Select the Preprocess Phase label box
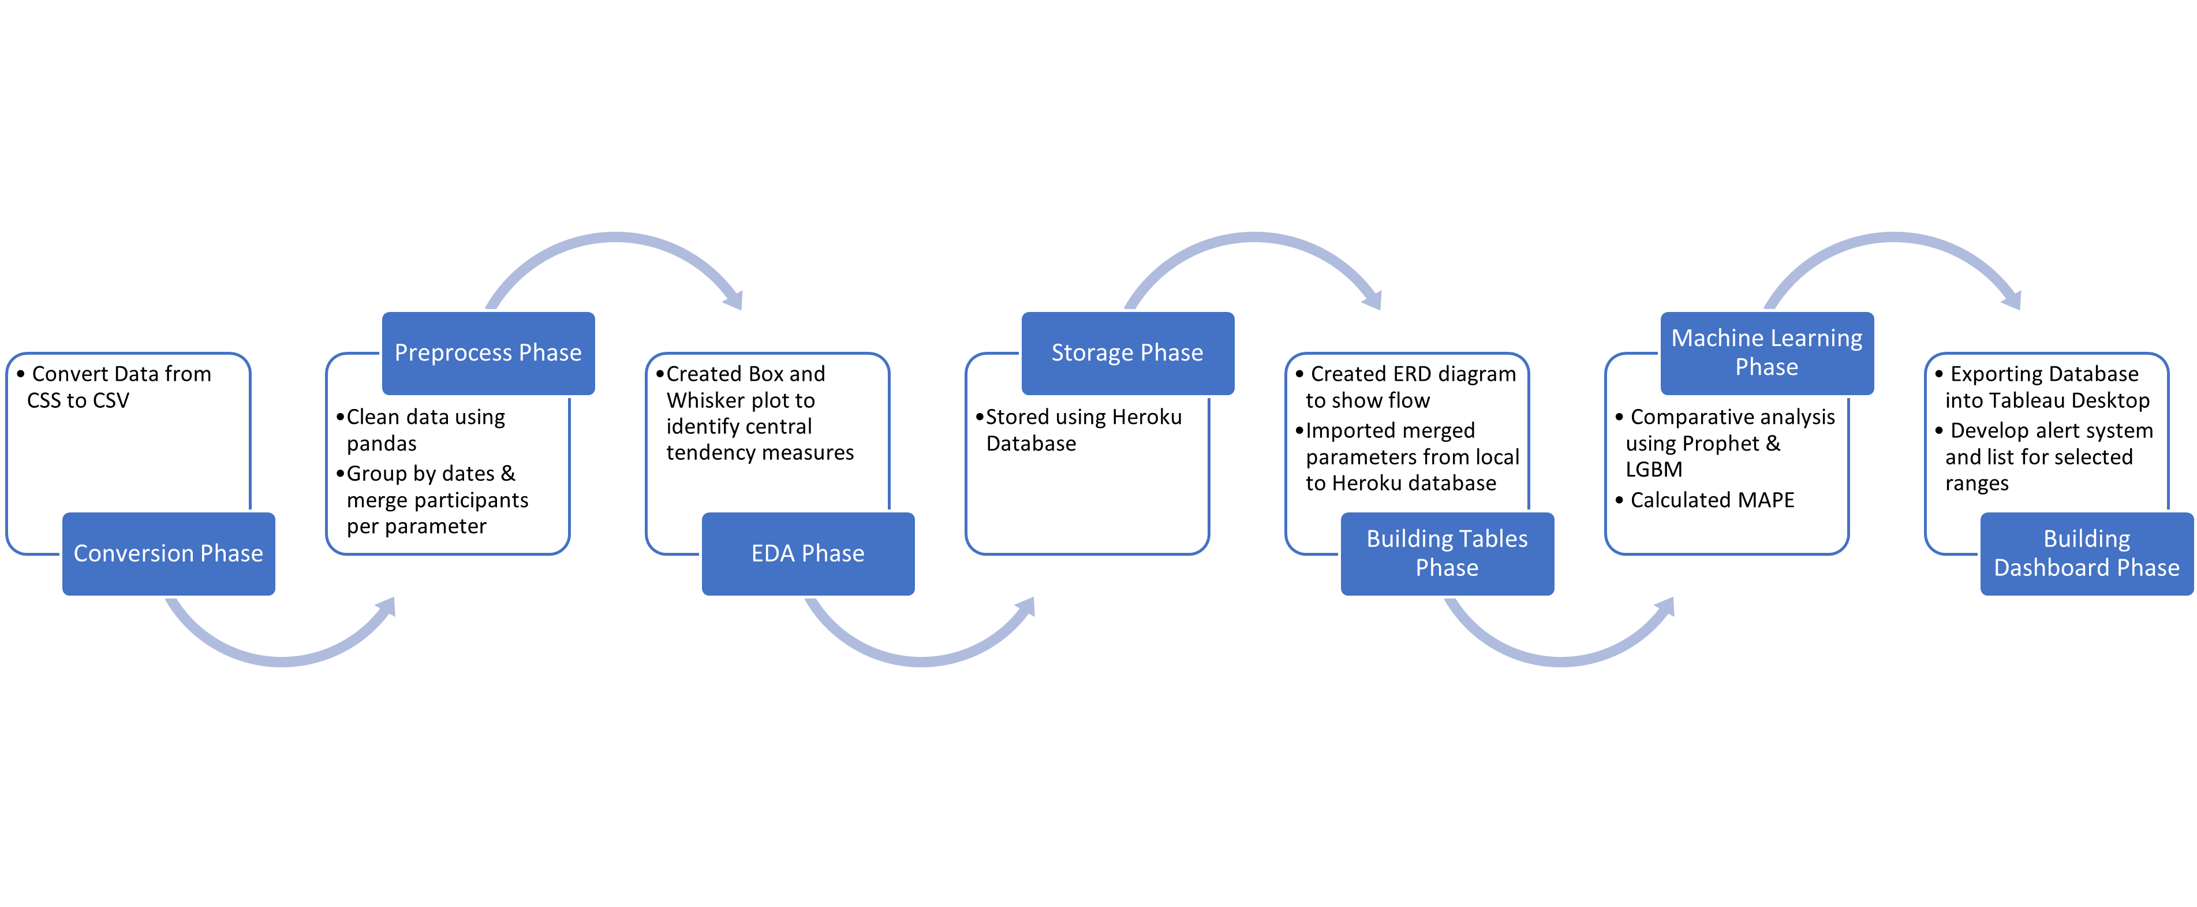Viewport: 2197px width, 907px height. tap(488, 352)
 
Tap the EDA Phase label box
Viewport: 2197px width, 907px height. tap(808, 554)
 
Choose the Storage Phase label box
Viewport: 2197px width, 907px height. tap(1127, 352)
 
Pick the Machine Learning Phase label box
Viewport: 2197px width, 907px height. tap(1766, 352)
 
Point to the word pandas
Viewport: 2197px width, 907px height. tap(381, 444)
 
